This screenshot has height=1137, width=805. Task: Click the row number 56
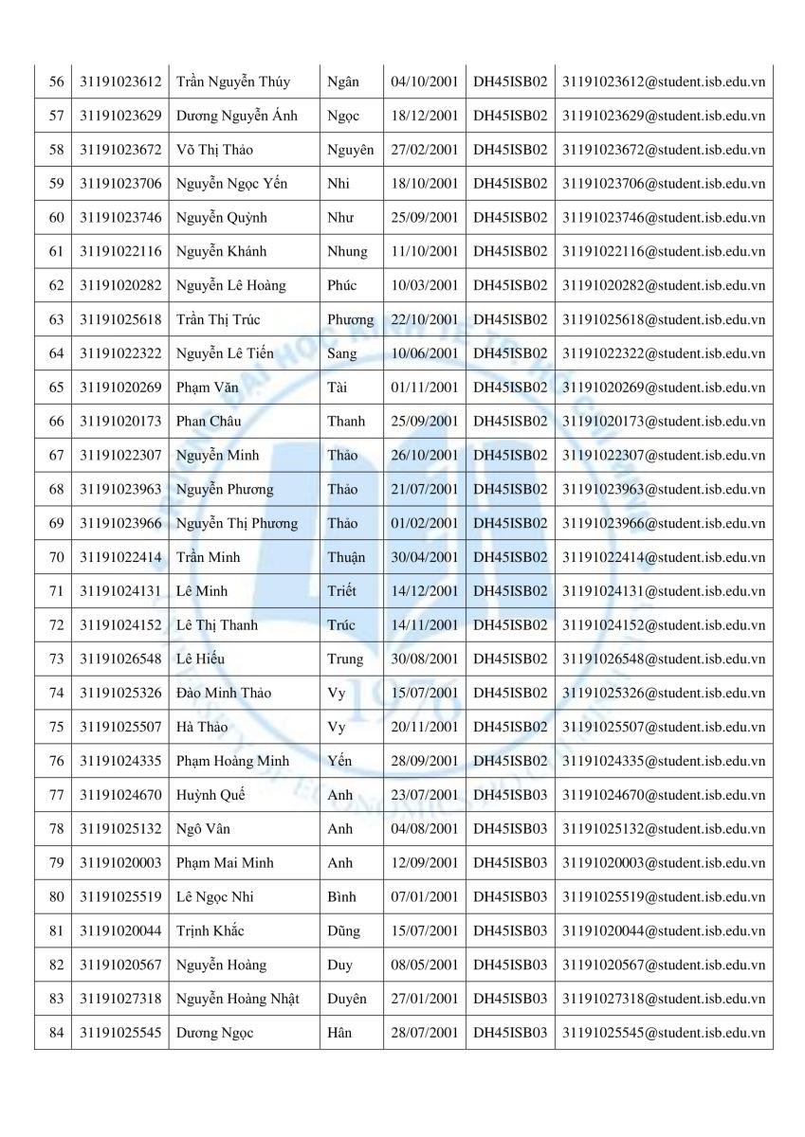[x=56, y=82]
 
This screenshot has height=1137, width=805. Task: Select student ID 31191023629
[x=121, y=116]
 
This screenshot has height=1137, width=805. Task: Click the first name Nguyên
[x=350, y=150]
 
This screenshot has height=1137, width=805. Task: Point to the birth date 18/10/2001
[x=424, y=184]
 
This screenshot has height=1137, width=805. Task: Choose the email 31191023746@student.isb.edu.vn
[x=663, y=218]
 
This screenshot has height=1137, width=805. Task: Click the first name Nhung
[x=348, y=252]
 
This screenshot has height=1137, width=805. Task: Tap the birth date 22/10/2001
[x=424, y=319]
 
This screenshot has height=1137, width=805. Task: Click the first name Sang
[x=342, y=353]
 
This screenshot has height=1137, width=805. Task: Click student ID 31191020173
[x=121, y=422]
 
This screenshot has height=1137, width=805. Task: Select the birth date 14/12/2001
[x=424, y=591]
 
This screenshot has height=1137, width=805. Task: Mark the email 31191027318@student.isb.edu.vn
[x=663, y=999]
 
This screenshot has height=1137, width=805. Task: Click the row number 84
[x=56, y=1033]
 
